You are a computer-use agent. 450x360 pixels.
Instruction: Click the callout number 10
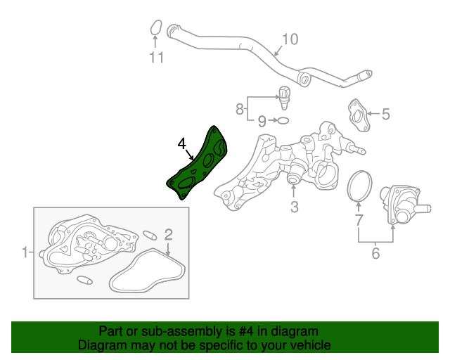point(290,39)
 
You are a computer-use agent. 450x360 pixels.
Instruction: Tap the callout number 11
point(156,58)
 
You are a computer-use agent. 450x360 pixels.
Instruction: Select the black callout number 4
point(181,144)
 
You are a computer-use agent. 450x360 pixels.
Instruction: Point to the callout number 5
point(386,114)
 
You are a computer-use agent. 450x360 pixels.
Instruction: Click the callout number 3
point(295,207)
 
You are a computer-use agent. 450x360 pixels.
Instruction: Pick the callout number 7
point(359,220)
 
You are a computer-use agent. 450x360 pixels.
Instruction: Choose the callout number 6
point(375,253)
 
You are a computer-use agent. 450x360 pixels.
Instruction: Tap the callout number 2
point(169,234)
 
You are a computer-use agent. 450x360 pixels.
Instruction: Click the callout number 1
point(25,252)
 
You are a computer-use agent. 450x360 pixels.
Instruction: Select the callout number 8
point(240,109)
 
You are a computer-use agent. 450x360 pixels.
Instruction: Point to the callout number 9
point(262,121)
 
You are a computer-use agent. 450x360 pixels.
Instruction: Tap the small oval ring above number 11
point(156,27)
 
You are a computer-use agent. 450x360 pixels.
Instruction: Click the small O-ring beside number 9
point(283,120)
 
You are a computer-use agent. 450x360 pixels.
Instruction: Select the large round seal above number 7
point(359,186)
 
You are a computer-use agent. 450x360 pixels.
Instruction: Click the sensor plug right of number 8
point(284,98)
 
